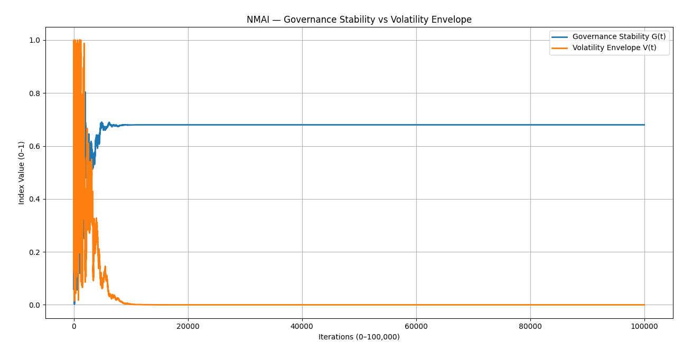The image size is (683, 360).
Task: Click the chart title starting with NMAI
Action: coord(359,20)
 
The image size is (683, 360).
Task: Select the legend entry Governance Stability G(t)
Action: coord(619,37)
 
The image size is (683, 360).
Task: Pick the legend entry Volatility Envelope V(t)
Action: coord(614,48)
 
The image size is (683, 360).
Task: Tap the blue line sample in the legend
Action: coord(559,37)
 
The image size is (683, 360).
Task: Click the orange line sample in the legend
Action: coord(559,48)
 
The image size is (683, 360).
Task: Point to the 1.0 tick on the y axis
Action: coord(34,41)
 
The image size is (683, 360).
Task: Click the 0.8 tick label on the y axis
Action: coord(34,93)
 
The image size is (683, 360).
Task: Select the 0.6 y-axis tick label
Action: coord(34,146)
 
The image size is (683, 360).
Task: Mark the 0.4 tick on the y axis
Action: coord(34,199)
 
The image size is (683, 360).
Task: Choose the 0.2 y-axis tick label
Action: coord(34,252)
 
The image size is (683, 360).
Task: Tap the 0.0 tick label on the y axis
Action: coord(34,305)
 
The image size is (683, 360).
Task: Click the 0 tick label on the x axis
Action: coord(74,326)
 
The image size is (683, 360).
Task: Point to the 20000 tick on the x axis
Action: coord(188,326)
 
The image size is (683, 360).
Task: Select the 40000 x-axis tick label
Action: coord(302,326)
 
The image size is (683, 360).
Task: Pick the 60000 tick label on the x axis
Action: coord(416,326)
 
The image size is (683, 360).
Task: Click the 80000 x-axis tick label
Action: coord(530,326)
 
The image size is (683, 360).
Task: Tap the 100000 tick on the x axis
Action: coord(644,326)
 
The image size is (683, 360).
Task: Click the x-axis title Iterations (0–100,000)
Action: coord(359,337)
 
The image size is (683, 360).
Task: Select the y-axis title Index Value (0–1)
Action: coord(22,173)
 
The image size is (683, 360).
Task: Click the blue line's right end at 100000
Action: coord(644,125)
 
